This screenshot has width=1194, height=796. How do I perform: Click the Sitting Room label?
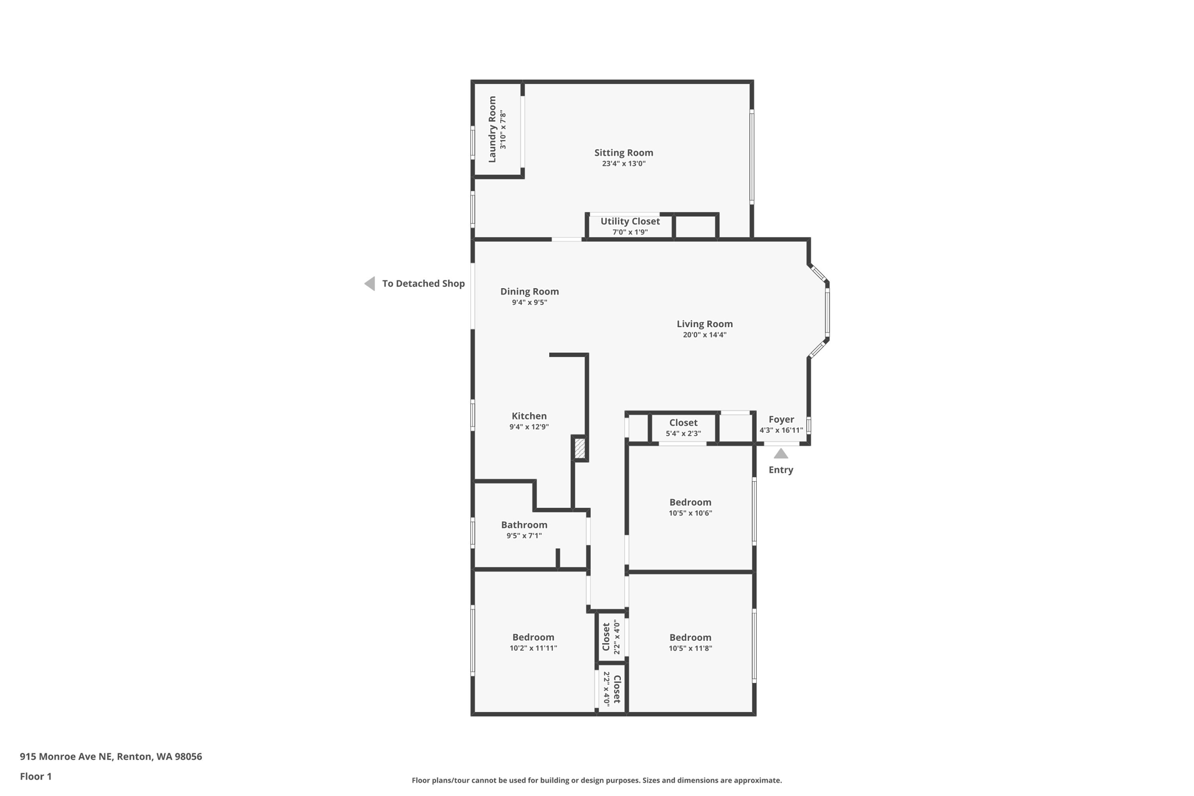(x=623, y=153)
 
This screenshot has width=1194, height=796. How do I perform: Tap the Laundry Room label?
(x=492, y=129)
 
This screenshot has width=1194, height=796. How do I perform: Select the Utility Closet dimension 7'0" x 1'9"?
(x=630, y=232)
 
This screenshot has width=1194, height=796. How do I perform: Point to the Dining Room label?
(x=529, y=292)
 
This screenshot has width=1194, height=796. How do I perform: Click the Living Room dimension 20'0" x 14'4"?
(x=704, y=335)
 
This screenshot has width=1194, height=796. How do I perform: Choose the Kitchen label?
(x=529, y=416)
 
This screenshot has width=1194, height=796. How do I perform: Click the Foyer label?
(x=781, y=419)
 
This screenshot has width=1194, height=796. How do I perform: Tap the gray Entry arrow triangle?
(x=781, y=454)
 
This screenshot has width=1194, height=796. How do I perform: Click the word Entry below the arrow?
(x=781, y=470)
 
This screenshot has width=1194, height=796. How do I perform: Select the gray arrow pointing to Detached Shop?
(x=370, y=284)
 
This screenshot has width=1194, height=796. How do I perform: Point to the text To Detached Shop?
(x=423, y=284)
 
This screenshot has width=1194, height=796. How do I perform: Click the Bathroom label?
(x=524, y=525)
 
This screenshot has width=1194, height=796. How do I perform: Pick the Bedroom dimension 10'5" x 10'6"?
(x=690, y=513)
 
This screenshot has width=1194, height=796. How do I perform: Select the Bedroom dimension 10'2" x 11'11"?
(x=533, y=648)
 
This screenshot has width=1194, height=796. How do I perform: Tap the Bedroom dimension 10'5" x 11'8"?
(x=690, y=648)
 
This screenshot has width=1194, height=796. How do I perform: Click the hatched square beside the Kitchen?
(x=580, y=448)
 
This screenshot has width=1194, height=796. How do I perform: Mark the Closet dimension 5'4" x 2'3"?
(x=683, y=433)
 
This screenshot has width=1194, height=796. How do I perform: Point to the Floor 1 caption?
(x=36, y=777)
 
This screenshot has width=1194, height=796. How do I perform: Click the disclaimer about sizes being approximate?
(x=596, y=780)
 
